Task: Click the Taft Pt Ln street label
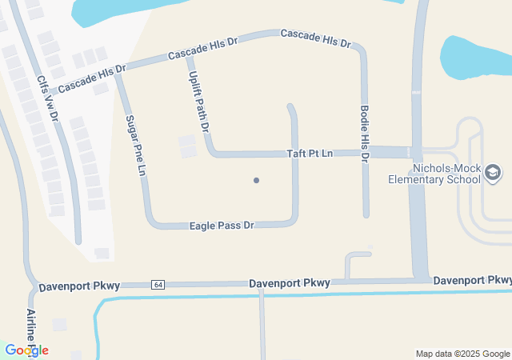tap(310, 153)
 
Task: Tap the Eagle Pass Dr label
tap(222, 226)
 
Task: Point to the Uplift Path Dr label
tap(198, 99)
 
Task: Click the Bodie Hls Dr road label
tap(364, 134)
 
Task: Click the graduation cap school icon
tap(494, 172)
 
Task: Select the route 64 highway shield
tap(158, 285)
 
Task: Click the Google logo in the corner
tap(26, 350)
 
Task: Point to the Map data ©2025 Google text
tap(462, 354)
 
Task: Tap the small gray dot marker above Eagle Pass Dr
tap(256, 180)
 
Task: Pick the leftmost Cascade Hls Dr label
tap(92, 77)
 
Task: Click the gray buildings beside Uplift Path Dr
tap(187, 146)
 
